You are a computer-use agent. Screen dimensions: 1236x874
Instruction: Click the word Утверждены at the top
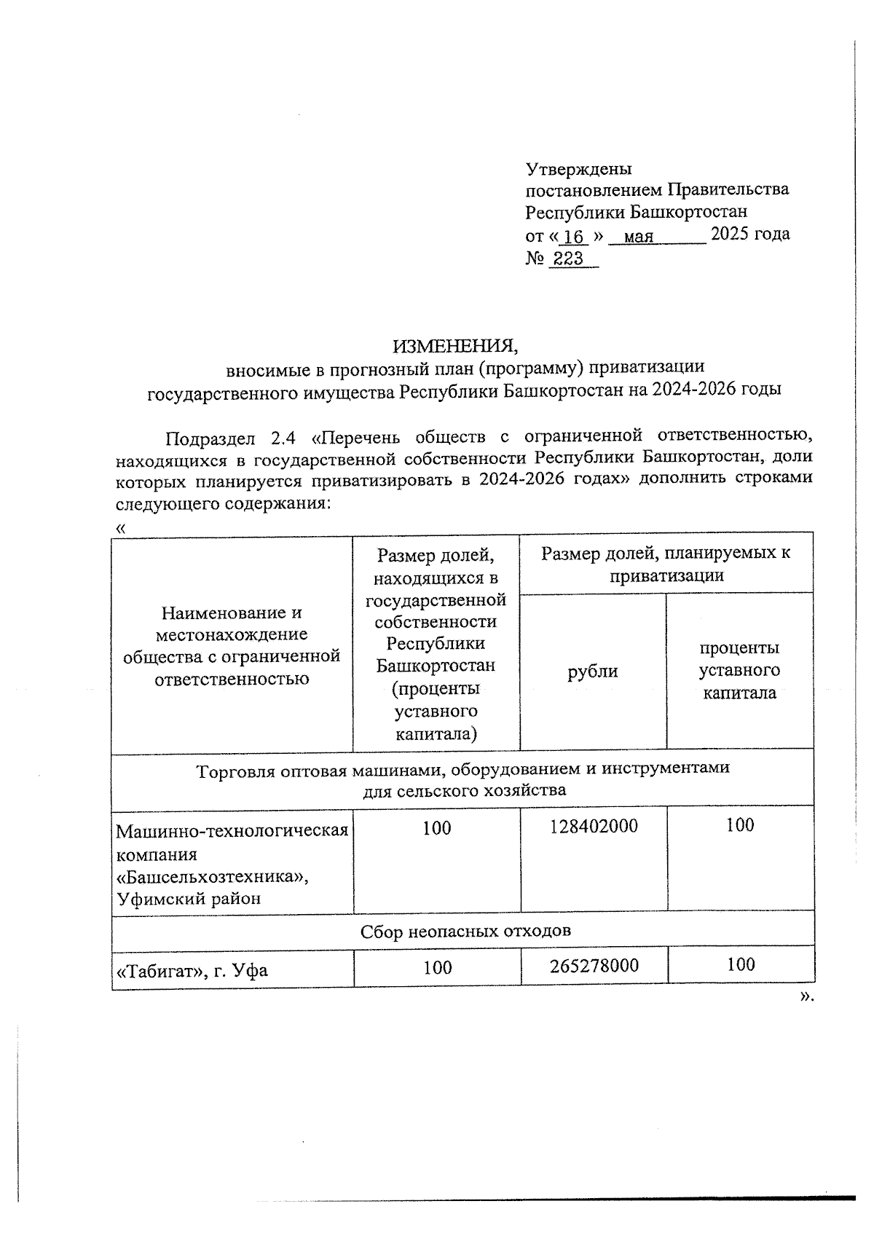pyautogui.click(x=578, y=169)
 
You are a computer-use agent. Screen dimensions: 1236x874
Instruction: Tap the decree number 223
pyautogui.click(x=568, y=259)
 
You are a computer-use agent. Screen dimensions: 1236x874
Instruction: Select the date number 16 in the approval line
pyautogui.click(x=574, y=237)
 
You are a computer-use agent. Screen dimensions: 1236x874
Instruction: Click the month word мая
pyautogui.click(x=639, y=237)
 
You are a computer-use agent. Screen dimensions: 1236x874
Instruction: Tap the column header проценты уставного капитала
pyautogui.click(x=739, y=670)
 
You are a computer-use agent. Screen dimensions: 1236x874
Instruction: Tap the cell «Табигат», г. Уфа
pyautogui.click(x=192, y=970)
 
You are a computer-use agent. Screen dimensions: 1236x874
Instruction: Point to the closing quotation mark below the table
pyautogui.click(x=805, y=997)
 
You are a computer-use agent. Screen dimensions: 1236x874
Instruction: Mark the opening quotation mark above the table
pyautogui.click(x=120, y=527)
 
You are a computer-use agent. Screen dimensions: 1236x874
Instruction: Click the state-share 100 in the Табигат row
pyautogui.click(x=437, y=967)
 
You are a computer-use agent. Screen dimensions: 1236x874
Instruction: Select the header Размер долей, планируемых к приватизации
pyautogui.click(x=666, y=564)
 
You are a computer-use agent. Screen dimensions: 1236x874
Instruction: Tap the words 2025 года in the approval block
pyautogui.click(x=749, y=235)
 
